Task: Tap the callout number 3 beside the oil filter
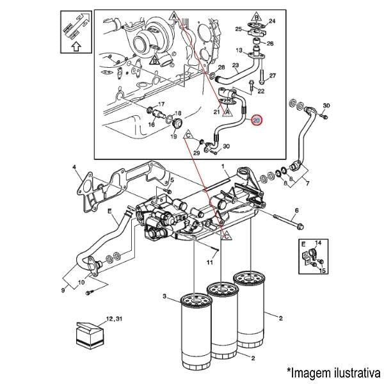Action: (x=164, y=296)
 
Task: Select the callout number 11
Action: (x=210, y=263)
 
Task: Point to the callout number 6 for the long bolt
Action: (x=297, y=211)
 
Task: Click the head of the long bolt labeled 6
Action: (x=300, y=227)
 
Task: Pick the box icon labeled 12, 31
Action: (x=90, y=335)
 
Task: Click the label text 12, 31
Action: (x=114, y=319)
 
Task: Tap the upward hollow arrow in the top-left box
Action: (x=76, y=46)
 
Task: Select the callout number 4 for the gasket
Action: (x=74, y=167)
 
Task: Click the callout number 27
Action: (x=273, y=76)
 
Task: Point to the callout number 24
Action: (x=272, y=21)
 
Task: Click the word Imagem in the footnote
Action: (x=307, y=373)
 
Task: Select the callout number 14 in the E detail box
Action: (x=318, y=243)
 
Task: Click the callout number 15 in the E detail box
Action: (x=323, y=270)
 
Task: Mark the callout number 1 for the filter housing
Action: (x=223, y=166)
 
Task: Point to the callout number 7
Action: (x=308, y=183)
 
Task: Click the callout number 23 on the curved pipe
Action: (x=236, y=65)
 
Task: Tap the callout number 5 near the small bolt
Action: (x=172, y=180)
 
